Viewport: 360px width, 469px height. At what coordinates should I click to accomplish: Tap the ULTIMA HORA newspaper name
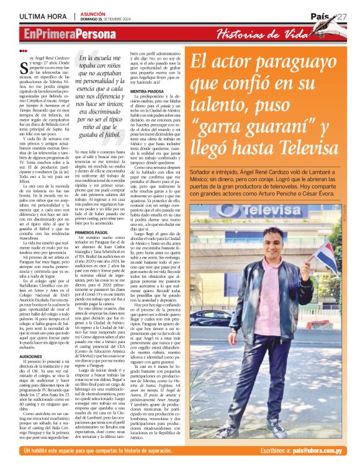(x=43, y=16)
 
